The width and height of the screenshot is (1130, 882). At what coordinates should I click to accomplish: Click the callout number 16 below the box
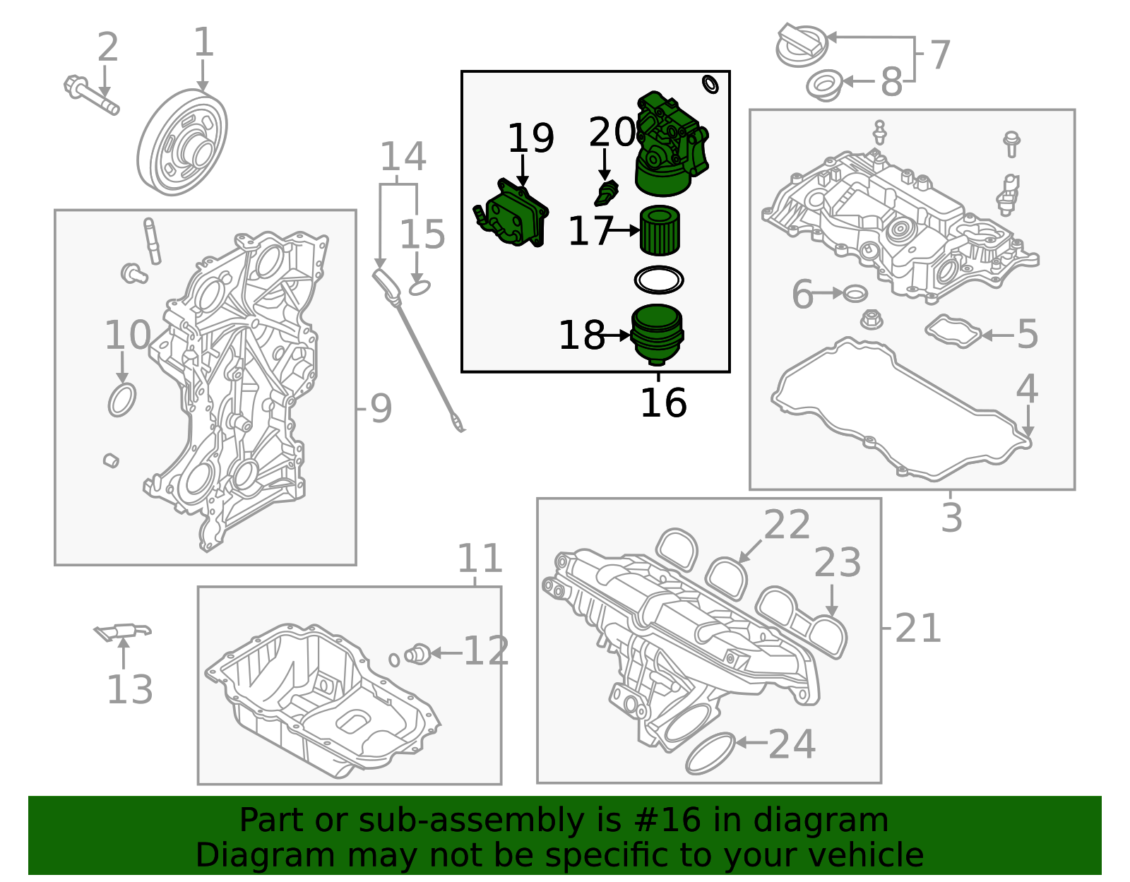pyautogui.click(x=662, y=403)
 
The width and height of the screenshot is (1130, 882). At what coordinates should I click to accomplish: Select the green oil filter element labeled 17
pyautogui.click(x=660, y=230)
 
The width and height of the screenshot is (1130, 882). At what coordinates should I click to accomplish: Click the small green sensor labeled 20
pyautogui.click(x=606, y=193)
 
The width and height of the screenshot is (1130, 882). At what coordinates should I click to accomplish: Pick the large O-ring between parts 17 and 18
pyautogui.click(x=659, y=280)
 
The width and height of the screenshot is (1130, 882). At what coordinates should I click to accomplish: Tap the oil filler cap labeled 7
pyautogui.click(x=801, y=45)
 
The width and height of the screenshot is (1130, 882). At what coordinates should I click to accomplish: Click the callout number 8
pyautogui.click(x=891, y=82)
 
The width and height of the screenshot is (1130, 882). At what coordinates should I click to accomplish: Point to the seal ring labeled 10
pyautogui.click(x=121, y=400)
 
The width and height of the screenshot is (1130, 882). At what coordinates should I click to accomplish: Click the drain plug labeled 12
pyautogui.click(x=418, y=653)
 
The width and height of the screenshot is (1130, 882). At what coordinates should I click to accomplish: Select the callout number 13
pyautogui.click(x=129, y=689)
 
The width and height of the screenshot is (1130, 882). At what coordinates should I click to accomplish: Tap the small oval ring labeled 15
pyautogui.click(x=420, y=287)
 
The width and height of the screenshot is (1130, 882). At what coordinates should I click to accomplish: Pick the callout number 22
pyautogui.click(x=787, y=525)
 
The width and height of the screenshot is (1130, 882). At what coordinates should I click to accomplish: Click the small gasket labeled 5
pyautogui.click(x=953, y=330)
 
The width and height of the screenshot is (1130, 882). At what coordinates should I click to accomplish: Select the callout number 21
pyautogui.click(x=917, y=628)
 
